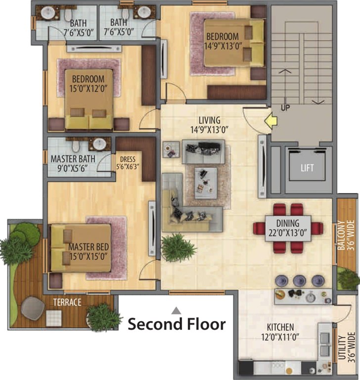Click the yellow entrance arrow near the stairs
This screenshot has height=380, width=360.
[271, 120]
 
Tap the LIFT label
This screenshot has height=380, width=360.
[307, 168]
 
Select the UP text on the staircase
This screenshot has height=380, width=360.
[285, 107]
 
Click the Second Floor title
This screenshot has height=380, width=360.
[177, 324]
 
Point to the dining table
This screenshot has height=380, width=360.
[288, 229]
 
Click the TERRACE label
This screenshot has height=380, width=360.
[67, 302]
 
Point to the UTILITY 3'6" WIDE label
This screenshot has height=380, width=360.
[346, 347]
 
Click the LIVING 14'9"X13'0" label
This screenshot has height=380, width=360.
[209, 125]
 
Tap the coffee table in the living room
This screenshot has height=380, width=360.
[206, 183]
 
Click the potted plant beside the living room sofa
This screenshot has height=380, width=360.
[178, 247]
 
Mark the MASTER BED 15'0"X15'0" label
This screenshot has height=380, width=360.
[89, 251]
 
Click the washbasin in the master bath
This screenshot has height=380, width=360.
[99, 144]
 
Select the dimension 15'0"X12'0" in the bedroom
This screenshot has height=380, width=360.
[88, 89]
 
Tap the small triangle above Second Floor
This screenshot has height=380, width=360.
[177, 310]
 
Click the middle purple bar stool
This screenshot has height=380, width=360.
[300, 281]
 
